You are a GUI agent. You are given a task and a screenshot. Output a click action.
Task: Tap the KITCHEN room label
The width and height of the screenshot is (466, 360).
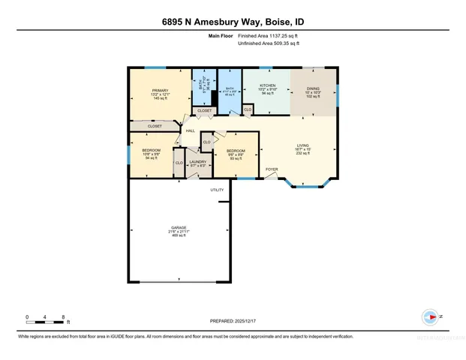(x=268, y=85)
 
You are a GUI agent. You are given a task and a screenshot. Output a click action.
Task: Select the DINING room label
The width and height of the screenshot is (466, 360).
(x=313, y=88)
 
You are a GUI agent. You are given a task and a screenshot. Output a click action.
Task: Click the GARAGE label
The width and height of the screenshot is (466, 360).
(x=178, y=227)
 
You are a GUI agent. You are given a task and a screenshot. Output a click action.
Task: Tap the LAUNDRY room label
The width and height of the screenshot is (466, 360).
(x=198, y=161)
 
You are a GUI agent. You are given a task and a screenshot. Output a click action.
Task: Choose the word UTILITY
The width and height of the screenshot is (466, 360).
(x=217, y=189)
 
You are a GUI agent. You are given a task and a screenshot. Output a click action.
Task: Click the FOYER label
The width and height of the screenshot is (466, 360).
(x=272, y=169)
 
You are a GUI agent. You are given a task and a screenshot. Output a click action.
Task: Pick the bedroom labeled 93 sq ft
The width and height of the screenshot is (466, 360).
(x=236, y=150)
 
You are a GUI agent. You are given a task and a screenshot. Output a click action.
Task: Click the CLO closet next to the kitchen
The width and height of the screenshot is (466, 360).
(x=248, y=109)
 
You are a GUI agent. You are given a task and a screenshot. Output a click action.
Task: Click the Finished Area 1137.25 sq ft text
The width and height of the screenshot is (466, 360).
(x=269, y=36)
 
